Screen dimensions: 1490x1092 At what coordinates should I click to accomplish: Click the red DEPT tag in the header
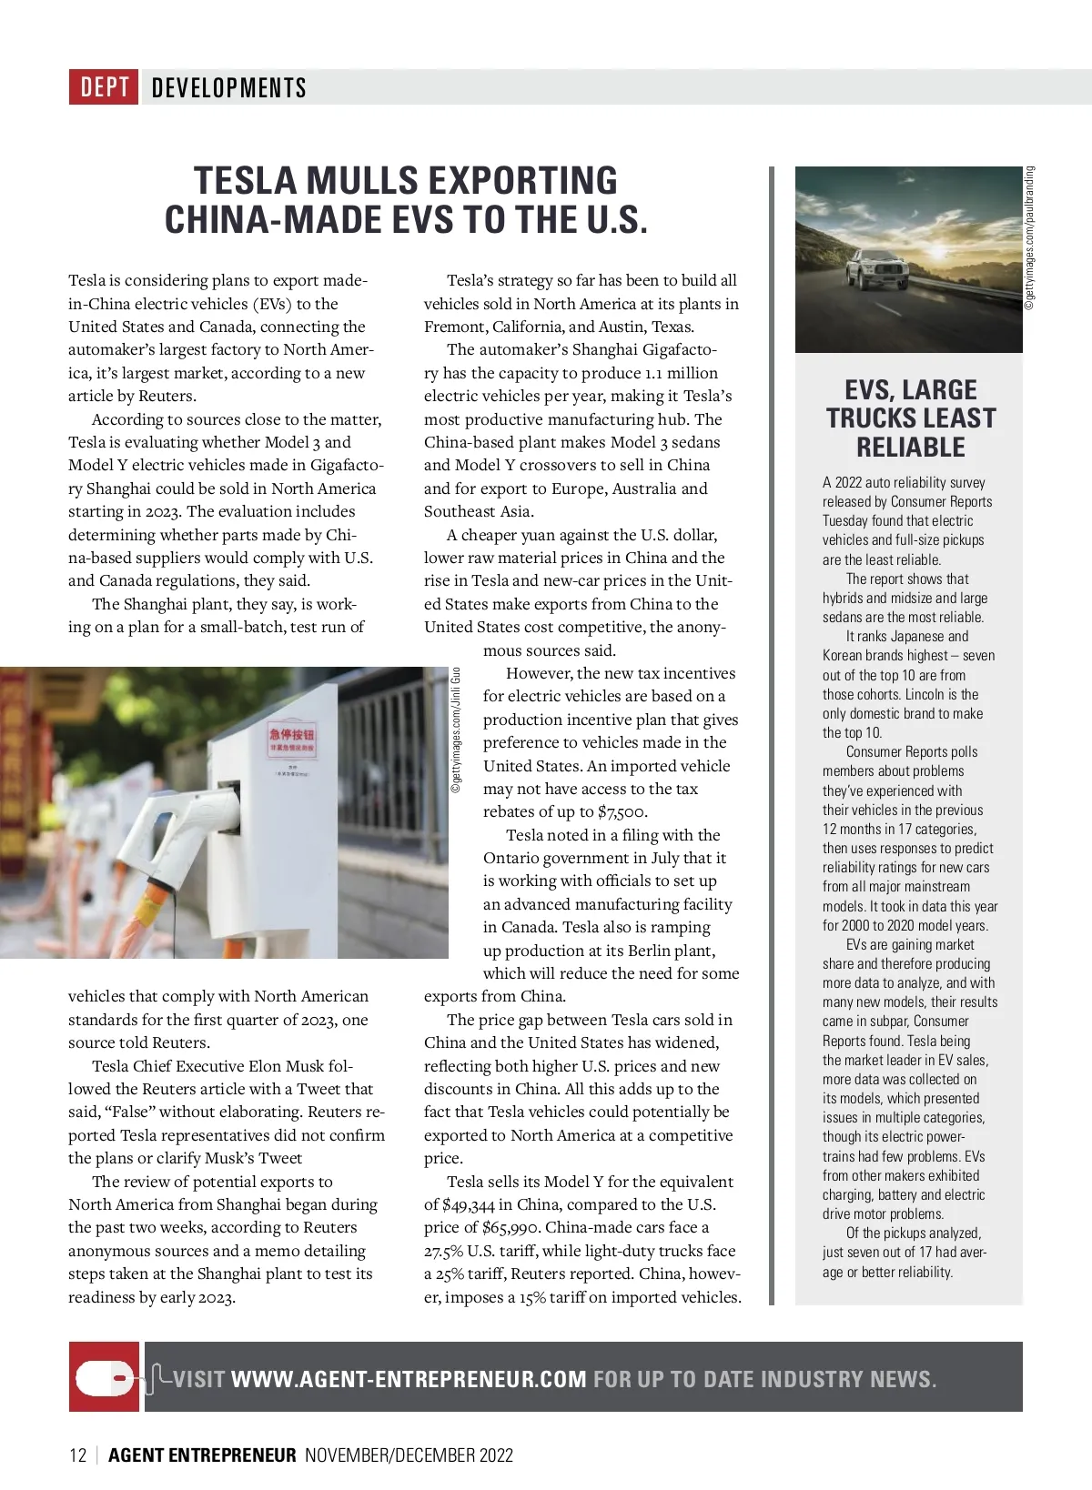(x=104, y=87)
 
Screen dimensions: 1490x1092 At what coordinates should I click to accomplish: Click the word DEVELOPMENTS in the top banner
(x=228, y=87)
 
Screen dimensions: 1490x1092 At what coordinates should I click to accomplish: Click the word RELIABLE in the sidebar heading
(x=910, y=448)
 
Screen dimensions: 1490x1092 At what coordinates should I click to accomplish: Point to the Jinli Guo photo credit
(x=457, y=730)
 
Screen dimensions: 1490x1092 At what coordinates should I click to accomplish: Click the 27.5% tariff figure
(x=443, y=1251)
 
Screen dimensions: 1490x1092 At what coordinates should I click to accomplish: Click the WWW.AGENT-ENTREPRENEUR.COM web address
(x=409, y=1379)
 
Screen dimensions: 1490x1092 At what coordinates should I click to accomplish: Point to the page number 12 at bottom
(x=77, y=1455)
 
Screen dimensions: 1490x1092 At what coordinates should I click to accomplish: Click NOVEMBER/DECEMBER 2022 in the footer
(x=409, y=1455)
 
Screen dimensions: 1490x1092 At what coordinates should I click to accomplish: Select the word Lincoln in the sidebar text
(x=923, y=694)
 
